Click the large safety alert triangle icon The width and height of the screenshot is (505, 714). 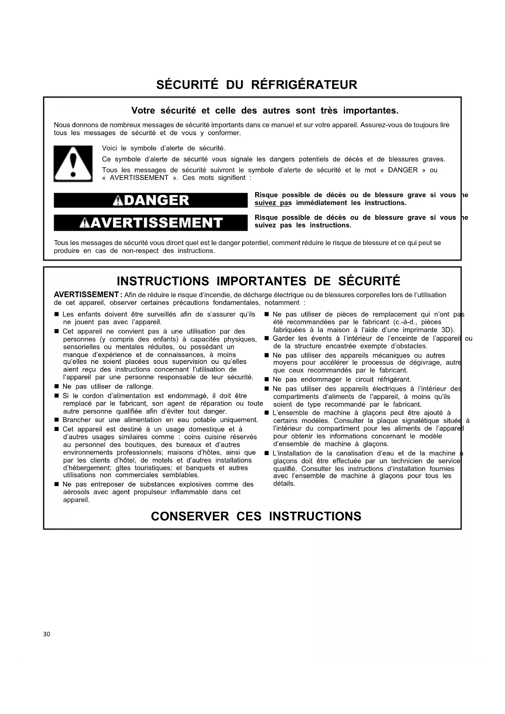73,163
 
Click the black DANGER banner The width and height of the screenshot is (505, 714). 151,200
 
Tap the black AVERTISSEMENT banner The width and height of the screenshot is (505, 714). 151,223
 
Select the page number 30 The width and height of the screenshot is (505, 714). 46,634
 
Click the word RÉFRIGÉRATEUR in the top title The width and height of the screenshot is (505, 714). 304,85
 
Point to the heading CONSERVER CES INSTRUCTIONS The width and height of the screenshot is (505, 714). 256,516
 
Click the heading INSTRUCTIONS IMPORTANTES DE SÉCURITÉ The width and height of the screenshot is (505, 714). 258,281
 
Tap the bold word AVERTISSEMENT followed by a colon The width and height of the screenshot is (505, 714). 86,295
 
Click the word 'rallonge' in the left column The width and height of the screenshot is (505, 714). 140,387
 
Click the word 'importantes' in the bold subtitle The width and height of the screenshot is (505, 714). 371,111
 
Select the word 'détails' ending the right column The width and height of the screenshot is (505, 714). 284,484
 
